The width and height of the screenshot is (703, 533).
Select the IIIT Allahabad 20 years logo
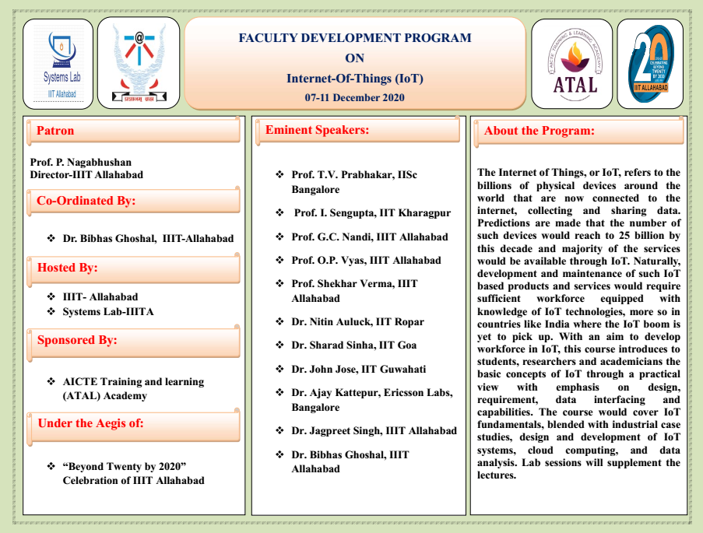[x=650, y=63]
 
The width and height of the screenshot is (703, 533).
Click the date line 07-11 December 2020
[x=354, y=97]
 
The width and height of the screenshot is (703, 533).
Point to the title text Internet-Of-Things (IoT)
[x=354, y=78]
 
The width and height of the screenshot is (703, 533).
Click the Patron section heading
[x=56, y=131]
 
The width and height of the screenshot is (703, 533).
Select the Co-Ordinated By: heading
[x=86, y=201]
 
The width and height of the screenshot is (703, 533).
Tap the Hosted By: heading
[x=68, y=268]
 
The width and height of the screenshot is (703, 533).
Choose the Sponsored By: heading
[x=77, y=340]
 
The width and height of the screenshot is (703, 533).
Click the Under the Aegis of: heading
[x=90, y=423]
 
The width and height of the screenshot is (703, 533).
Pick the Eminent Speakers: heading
[x=317, y=130]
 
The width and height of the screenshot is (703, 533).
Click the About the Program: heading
[x=539, y=131]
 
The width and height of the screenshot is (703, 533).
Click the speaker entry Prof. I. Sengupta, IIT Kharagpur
[x=371, y=212]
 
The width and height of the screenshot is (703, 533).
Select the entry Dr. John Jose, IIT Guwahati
[x=359, y=369]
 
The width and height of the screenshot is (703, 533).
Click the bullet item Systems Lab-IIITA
[x=108, y=311]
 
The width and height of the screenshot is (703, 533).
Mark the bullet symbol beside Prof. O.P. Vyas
[x=279, y=260]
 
